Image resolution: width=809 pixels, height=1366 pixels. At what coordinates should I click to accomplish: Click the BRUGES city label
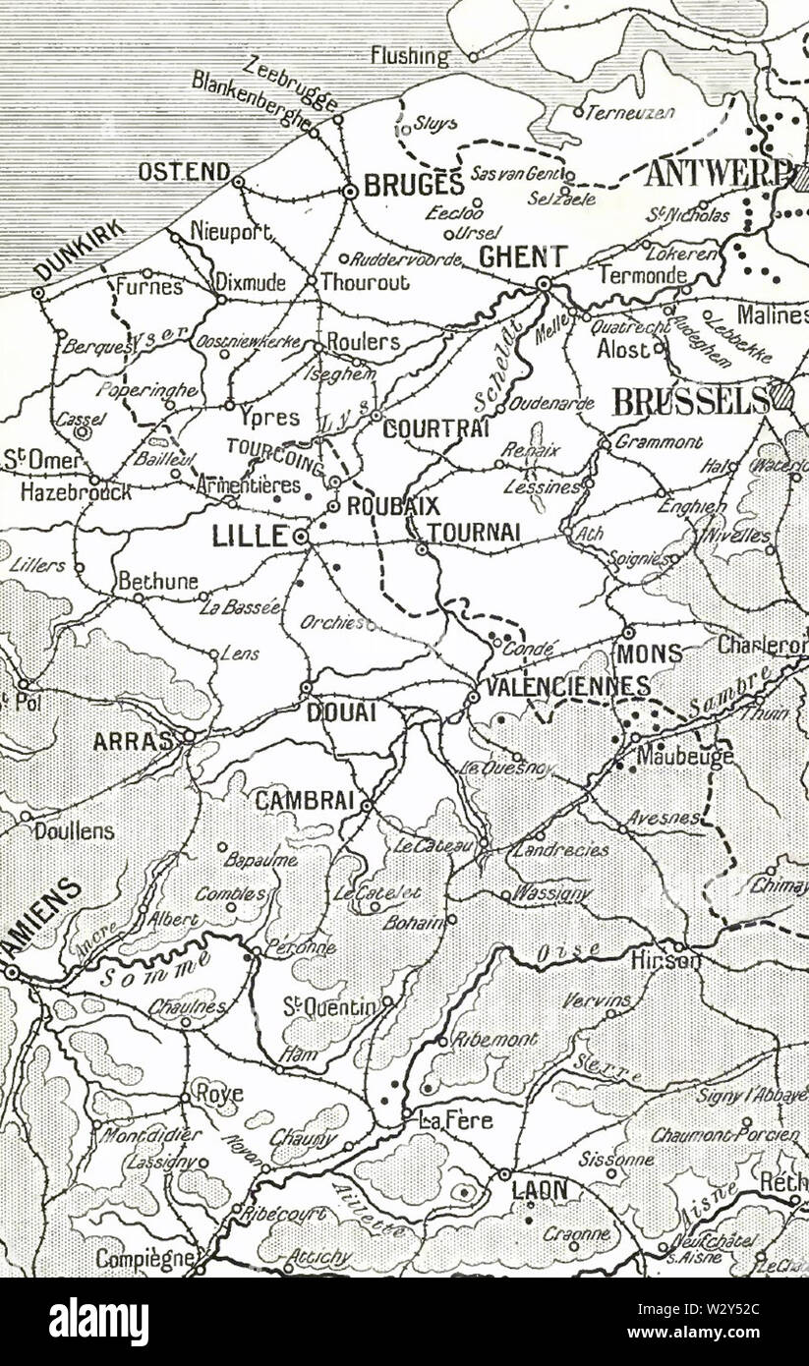(x=413, y=185)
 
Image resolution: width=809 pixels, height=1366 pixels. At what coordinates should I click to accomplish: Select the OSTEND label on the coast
(x=184, y=172)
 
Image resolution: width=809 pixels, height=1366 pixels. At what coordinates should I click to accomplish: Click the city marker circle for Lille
(x=301, y=537)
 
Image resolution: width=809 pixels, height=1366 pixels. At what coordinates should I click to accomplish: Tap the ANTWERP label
(x=718, y=173)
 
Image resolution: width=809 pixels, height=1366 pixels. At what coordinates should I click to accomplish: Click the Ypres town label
(x=268, y=417)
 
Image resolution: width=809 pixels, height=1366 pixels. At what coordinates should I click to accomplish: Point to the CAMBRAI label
(x=304, y=801)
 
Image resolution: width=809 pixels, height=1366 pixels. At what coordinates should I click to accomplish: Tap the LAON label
(x=540, y=1190)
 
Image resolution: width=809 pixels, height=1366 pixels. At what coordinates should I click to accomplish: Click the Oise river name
(x=555, y=951)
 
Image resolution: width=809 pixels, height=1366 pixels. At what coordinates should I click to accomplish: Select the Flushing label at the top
(x=410, y=56)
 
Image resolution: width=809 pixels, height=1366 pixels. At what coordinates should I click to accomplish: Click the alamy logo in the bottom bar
(x=98, y=1322)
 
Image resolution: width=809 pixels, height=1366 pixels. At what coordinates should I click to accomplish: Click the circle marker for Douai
(x=306, y=688)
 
